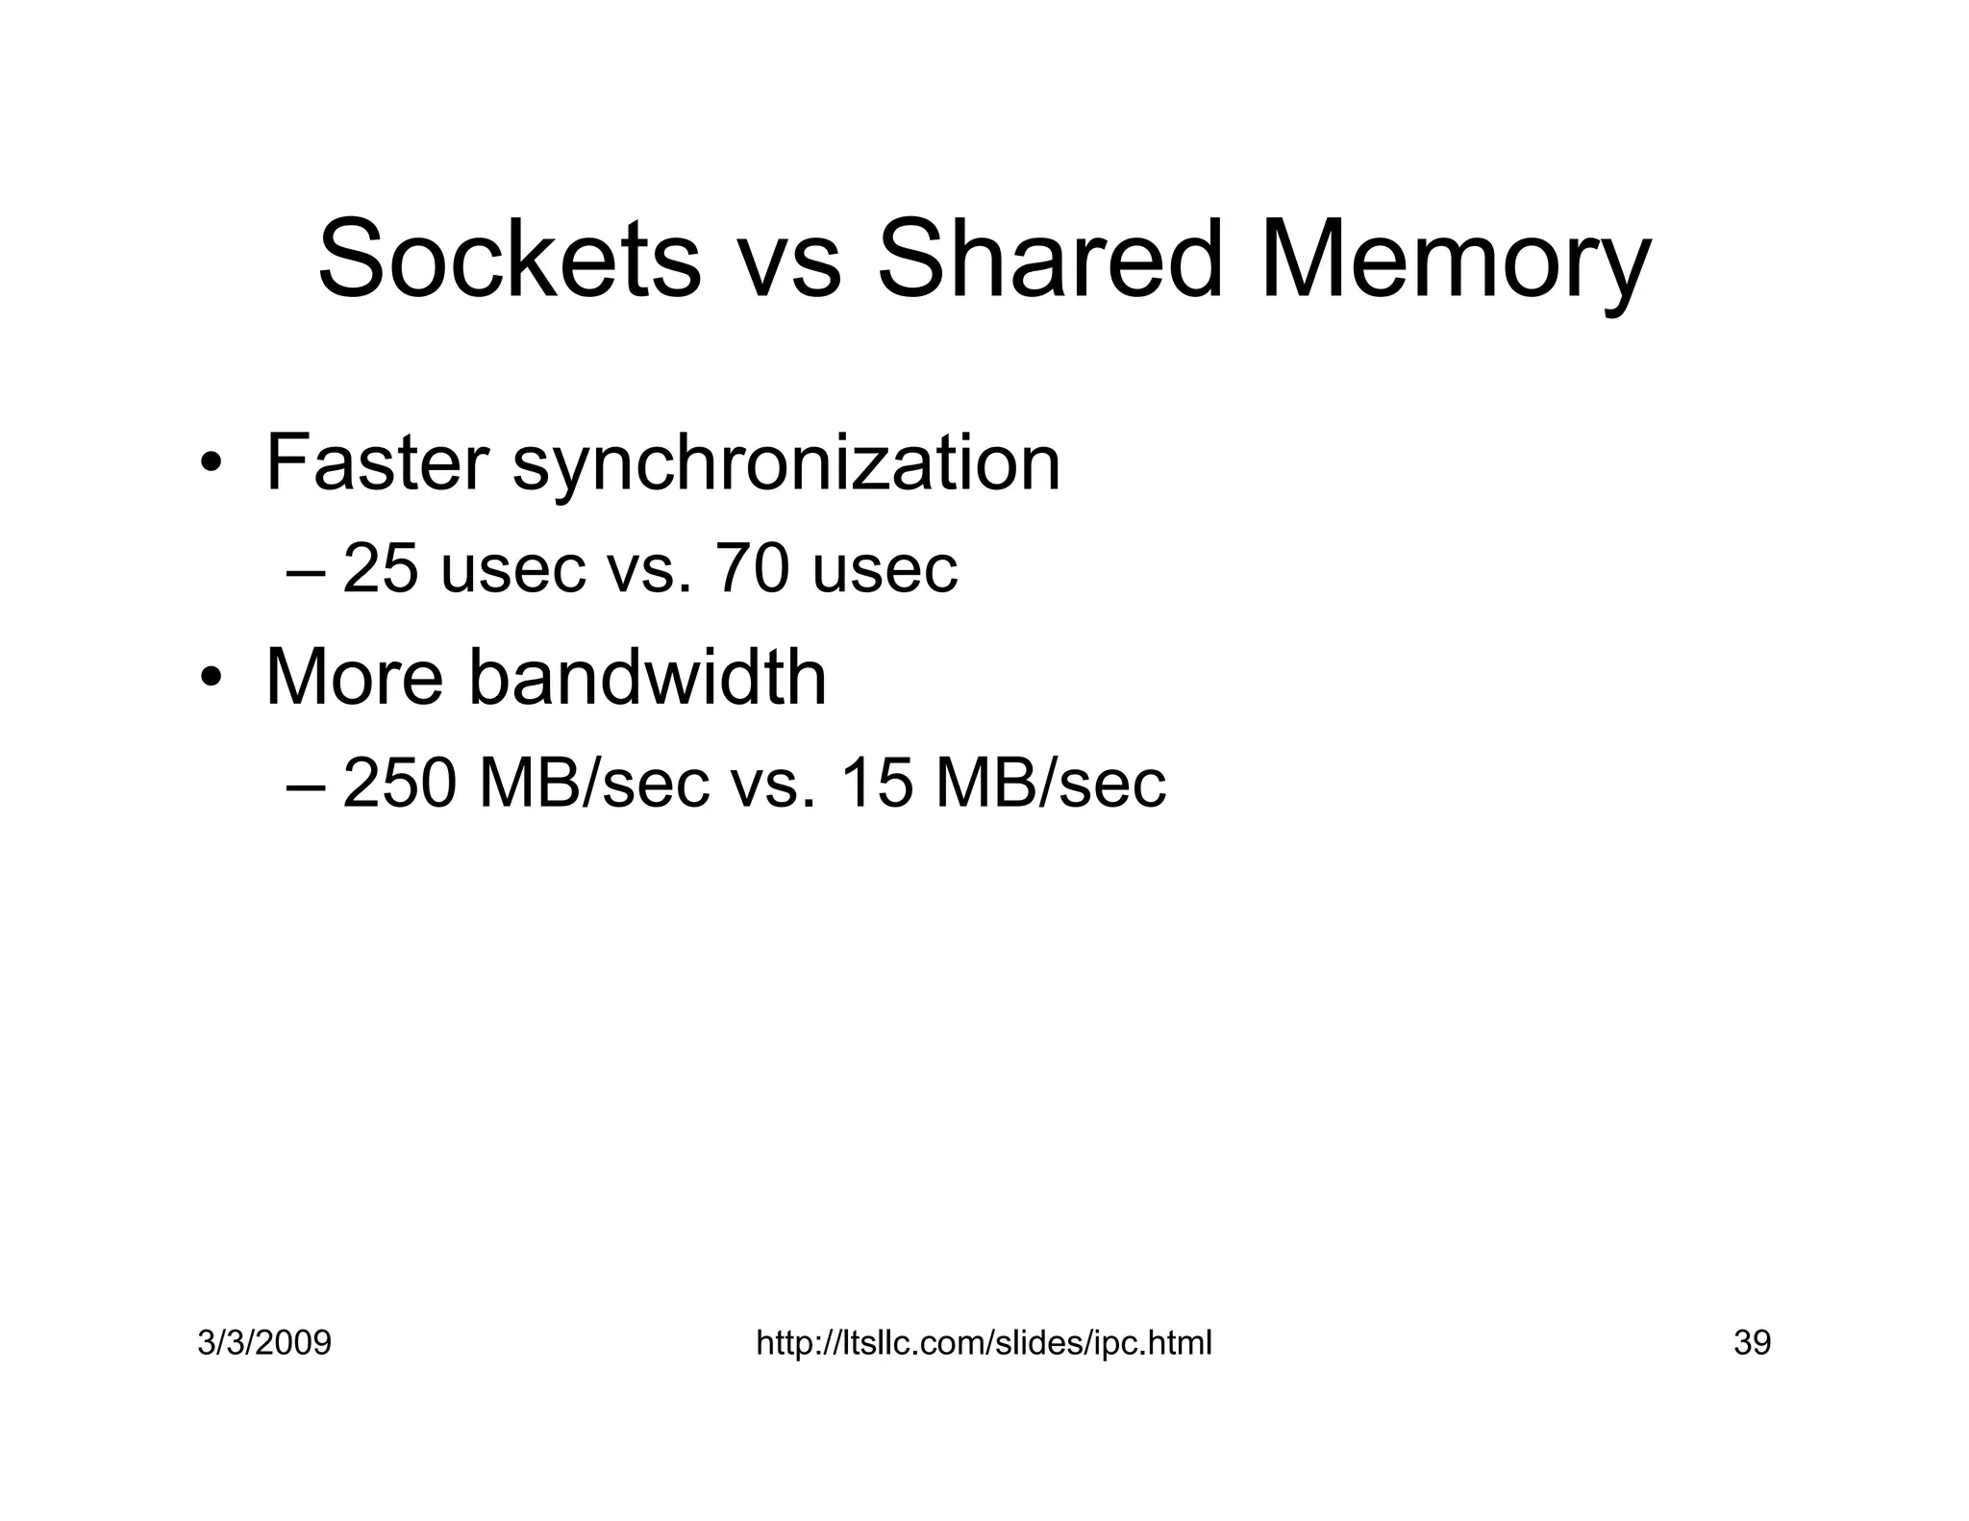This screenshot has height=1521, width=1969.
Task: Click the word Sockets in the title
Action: coord(509,260)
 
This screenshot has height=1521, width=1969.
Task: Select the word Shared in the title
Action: coord(1049,260)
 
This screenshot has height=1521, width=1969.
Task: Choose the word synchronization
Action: coord(785,465)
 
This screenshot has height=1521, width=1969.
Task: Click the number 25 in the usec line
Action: coord(380,568)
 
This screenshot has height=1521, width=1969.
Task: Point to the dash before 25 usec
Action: coord(306,571)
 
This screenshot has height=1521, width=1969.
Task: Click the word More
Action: coord(353,678)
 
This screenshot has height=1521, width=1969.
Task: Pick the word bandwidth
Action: coord(647,678)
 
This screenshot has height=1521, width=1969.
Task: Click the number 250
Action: coord(399,783)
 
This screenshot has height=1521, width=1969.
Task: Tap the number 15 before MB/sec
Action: coord(875,783)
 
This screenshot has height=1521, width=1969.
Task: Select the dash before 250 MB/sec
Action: coord(306,785)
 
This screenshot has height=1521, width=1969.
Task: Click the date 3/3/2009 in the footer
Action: coord(264,1342)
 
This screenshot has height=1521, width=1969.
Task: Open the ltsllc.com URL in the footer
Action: coord(984,1342)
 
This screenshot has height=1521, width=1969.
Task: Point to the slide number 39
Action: coord(1752,1342)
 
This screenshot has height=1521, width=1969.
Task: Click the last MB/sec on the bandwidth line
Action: coord(1050,783)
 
